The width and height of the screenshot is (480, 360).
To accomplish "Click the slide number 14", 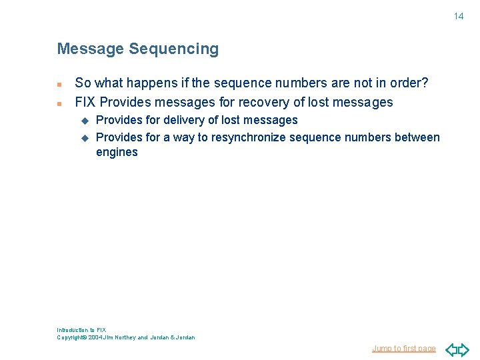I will (x=459, y=16).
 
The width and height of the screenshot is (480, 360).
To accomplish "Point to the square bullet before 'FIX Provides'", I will (x=59, y=104).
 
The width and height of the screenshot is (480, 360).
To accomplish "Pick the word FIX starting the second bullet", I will (x=85, y=102).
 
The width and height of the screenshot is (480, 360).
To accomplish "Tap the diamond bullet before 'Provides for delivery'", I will (x=85, y=121).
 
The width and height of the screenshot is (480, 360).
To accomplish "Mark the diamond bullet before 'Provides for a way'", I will (x=85, y=138).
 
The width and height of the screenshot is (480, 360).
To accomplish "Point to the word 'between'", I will (x=418, y=137).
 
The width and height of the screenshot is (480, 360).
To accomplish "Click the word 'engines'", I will (x=117, y=153).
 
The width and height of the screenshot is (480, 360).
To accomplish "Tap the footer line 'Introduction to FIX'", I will (x=81, y=330).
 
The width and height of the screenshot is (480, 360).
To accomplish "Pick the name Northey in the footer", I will (x=125, y=337).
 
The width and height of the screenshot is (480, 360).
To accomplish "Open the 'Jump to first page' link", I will (x=404, y=349).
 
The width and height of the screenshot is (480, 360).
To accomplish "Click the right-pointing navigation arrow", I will (x=463, y=349).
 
